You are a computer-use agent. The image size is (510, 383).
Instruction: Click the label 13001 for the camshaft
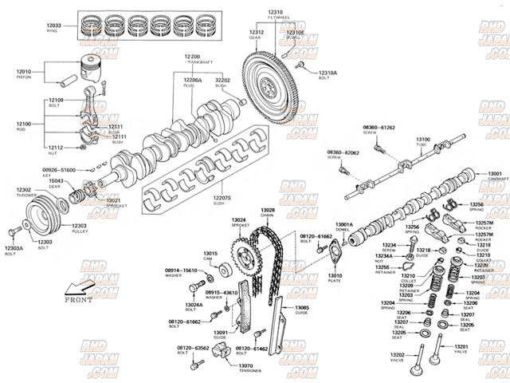pyautogui.click(x=495, y=174)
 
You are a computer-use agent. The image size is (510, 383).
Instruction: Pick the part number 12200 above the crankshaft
pyautogui.click(x=192, y=57)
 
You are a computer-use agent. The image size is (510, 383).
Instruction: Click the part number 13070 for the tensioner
pyautogui.click(x=245, y=365)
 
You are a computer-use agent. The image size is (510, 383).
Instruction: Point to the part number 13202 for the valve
pyautogui.click(x=398, y=354)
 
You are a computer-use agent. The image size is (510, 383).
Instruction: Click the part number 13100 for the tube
pyautogui.click(x=422, y=140)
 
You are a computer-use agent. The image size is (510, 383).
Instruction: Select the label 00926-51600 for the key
pyautogui.click(x=59, y=170)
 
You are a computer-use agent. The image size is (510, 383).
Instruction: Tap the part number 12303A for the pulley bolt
pyautogui.click(x=14, y=248)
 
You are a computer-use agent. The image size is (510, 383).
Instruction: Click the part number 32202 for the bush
pyautogui.click(x=223, y=80)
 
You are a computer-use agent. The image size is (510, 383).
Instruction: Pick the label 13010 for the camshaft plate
pyautogui.click(x=335, y=275)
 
